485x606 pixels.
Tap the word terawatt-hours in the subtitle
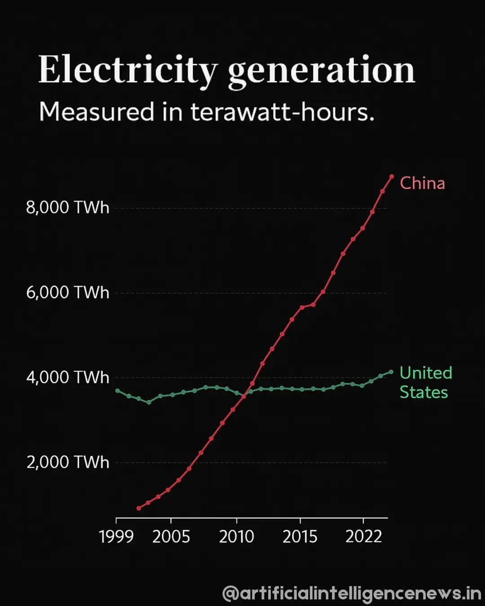pyautogui.click(x=282, y=112)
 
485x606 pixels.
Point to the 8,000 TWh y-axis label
pyautogui.click(x=67, y=208)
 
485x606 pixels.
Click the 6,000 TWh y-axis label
pyautogui.click(x=67, y=293)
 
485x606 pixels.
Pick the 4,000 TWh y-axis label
pyautogui.click(x=67, y=378)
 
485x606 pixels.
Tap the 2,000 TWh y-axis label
pyautogui.click(x=67, y=462)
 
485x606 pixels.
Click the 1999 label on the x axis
pyautogui.click(x=116, y=537)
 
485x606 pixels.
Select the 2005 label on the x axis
pyautogui.click(x=171, y=537)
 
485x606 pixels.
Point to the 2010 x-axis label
pyautogui.click(x=237, y=537)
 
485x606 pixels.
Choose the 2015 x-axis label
pyautogui.click(x=300, y=537)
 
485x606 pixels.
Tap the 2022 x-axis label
pyautogui.click(x=363, y=537)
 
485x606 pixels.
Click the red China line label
pyautogui.click(x=422, y=183)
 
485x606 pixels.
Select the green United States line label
pyautogui.click(x=425, y=382)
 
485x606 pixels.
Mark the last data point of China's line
pyautogui.click(x=392, y=176)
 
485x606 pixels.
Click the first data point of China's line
pyautogui.click(x=139, y=508)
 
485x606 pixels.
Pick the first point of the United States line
pyautogui.click(x=118, y=391)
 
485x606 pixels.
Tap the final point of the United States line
pyautogui.click(x=391, y=372)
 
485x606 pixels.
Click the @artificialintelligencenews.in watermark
pyautogui.click(x=352, y=593)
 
